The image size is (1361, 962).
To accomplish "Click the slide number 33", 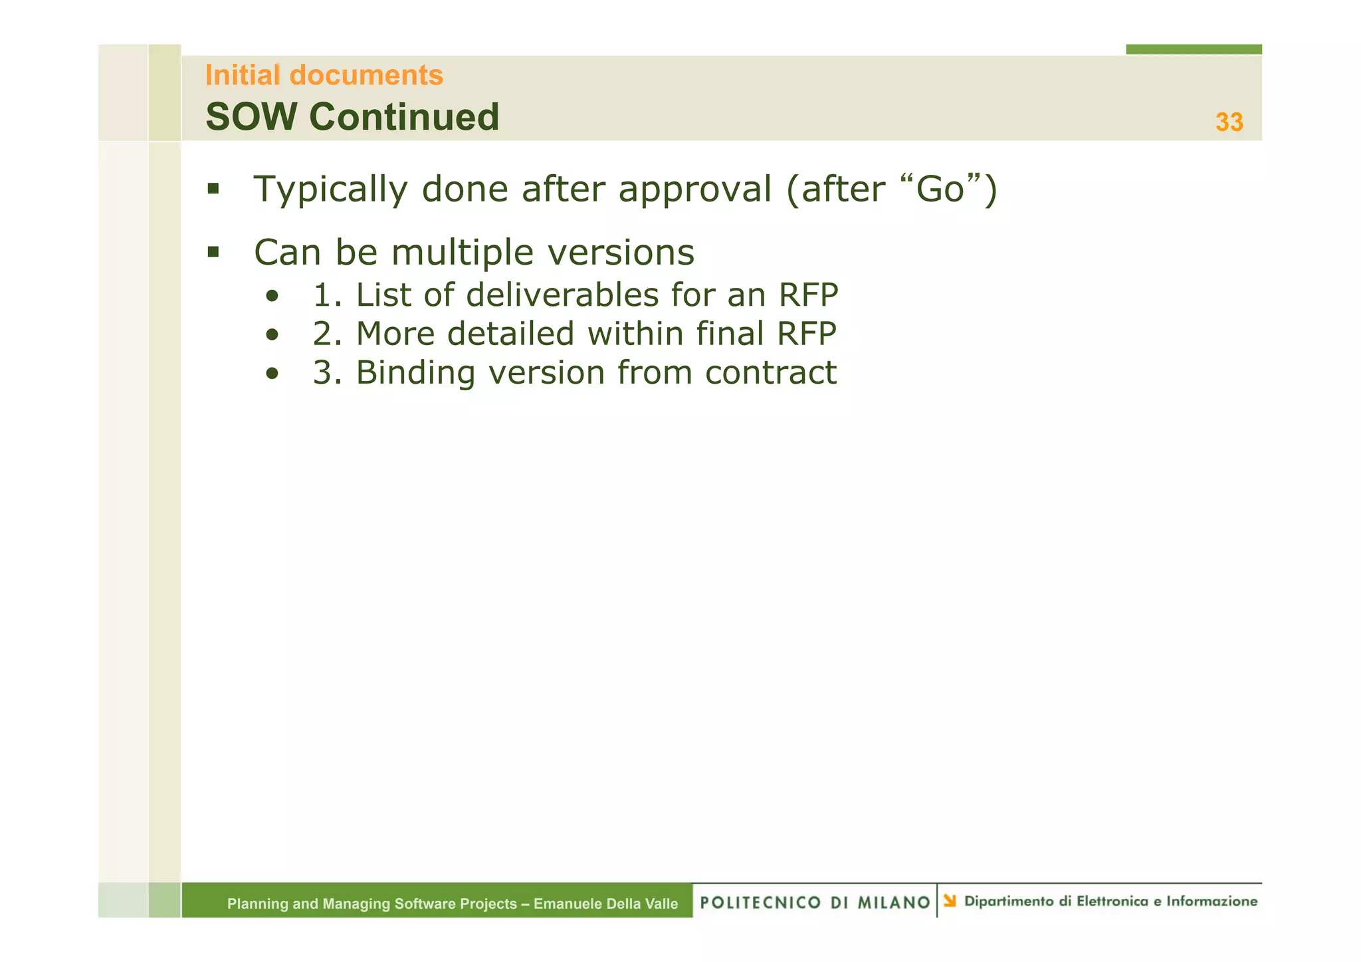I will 1229,122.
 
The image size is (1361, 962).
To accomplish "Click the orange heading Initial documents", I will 324,75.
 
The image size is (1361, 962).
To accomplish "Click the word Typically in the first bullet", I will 330,189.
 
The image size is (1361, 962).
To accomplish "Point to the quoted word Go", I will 940,189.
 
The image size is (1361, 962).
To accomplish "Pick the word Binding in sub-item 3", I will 415,372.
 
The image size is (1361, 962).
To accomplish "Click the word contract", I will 770,372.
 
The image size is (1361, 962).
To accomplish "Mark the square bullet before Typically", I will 213,189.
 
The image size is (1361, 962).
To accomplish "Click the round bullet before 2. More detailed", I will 271,335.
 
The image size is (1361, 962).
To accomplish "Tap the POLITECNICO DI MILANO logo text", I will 815,902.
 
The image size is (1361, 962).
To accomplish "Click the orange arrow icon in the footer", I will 950,901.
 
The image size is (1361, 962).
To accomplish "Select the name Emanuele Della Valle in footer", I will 605,904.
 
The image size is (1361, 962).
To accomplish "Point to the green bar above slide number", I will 1193,49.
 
